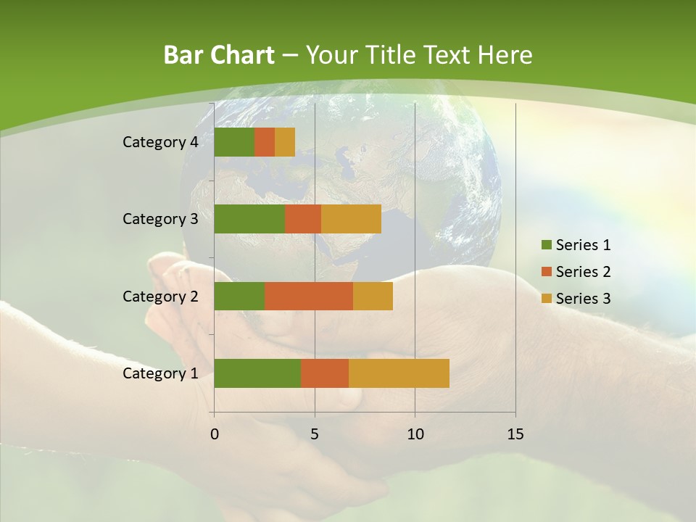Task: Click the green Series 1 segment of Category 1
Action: (x=257, y=373)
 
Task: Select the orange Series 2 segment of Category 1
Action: (x=325, y=373)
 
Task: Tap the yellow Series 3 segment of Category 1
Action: (x=399, y=373)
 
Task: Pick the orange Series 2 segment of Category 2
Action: (x=309, y=296)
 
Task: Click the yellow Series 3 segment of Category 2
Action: (x=373, y=296)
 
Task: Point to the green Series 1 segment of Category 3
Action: (x=249, y=219)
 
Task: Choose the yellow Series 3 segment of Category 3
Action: (x=351, y=219)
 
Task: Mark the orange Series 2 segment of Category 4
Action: (x=265, y=142)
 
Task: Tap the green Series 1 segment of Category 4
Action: (x=234, y=142)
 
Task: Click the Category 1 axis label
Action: (x=160, y=373)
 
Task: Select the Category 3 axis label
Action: (x=160, y=219)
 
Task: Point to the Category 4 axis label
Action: (x=160, y=142)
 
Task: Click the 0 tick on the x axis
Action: (x=215, y=434)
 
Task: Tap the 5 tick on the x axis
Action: (x=315, y=434)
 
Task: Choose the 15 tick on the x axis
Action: (x=515, y=434)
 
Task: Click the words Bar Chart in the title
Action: (x=219, y=55)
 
